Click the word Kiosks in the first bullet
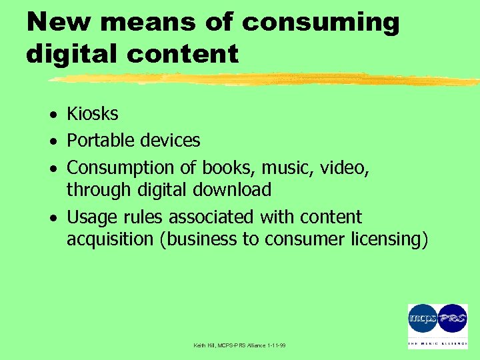93,114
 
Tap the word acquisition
110,239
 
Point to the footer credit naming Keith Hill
239,345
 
